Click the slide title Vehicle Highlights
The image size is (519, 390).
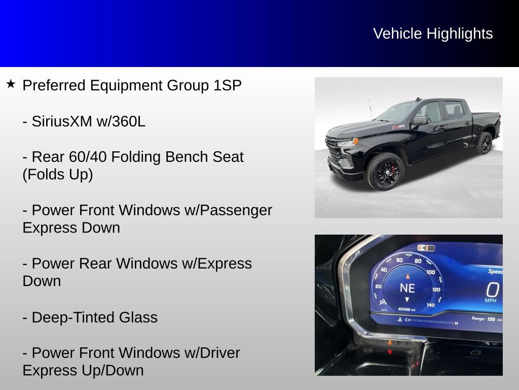tap(433, 34)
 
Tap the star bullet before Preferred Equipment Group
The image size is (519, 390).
tap(11, 84)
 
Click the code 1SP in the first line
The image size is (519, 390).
tap(227, 85)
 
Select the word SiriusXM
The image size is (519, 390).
tap(61, 121)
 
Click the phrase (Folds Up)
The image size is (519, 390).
tap(58, 175)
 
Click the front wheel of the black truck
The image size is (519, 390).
tap(385, 171)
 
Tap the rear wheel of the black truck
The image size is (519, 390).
tap(484, 143)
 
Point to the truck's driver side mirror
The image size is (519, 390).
tap(419, 121)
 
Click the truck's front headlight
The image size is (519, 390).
tap(348, 142)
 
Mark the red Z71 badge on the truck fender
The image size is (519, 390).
tap(397, 127)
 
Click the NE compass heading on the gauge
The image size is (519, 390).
tap(407, 288)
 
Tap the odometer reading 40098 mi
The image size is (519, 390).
tap(406, 309)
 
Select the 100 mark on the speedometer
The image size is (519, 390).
tap(430, 272)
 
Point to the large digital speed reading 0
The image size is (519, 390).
tap(492, 290)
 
